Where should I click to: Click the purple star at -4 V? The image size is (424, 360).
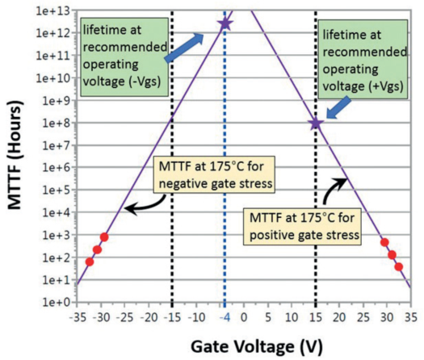(x=225, y=23)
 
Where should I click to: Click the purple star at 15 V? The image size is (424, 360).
(x=316, y=123)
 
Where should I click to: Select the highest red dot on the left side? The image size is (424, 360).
(x=104, y=237)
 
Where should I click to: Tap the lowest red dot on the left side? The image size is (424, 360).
(x=90, y=262)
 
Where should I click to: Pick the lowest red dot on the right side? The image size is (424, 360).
(x=399, y=266)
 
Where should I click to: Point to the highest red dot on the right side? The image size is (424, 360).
(x=384, y=242)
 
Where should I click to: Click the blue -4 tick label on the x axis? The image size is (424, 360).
(x=225, y=317)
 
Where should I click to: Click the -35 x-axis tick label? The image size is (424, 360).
(x=77, y=317)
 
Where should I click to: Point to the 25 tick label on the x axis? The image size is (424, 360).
(x=363, y=317)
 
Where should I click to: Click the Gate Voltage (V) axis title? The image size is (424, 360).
(x=257, y=346)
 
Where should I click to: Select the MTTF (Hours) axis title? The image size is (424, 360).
(x=15, y=155)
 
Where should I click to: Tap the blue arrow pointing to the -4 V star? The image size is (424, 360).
(x=184, y=48)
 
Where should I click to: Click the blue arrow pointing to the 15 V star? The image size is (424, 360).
(x=338, y=108)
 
